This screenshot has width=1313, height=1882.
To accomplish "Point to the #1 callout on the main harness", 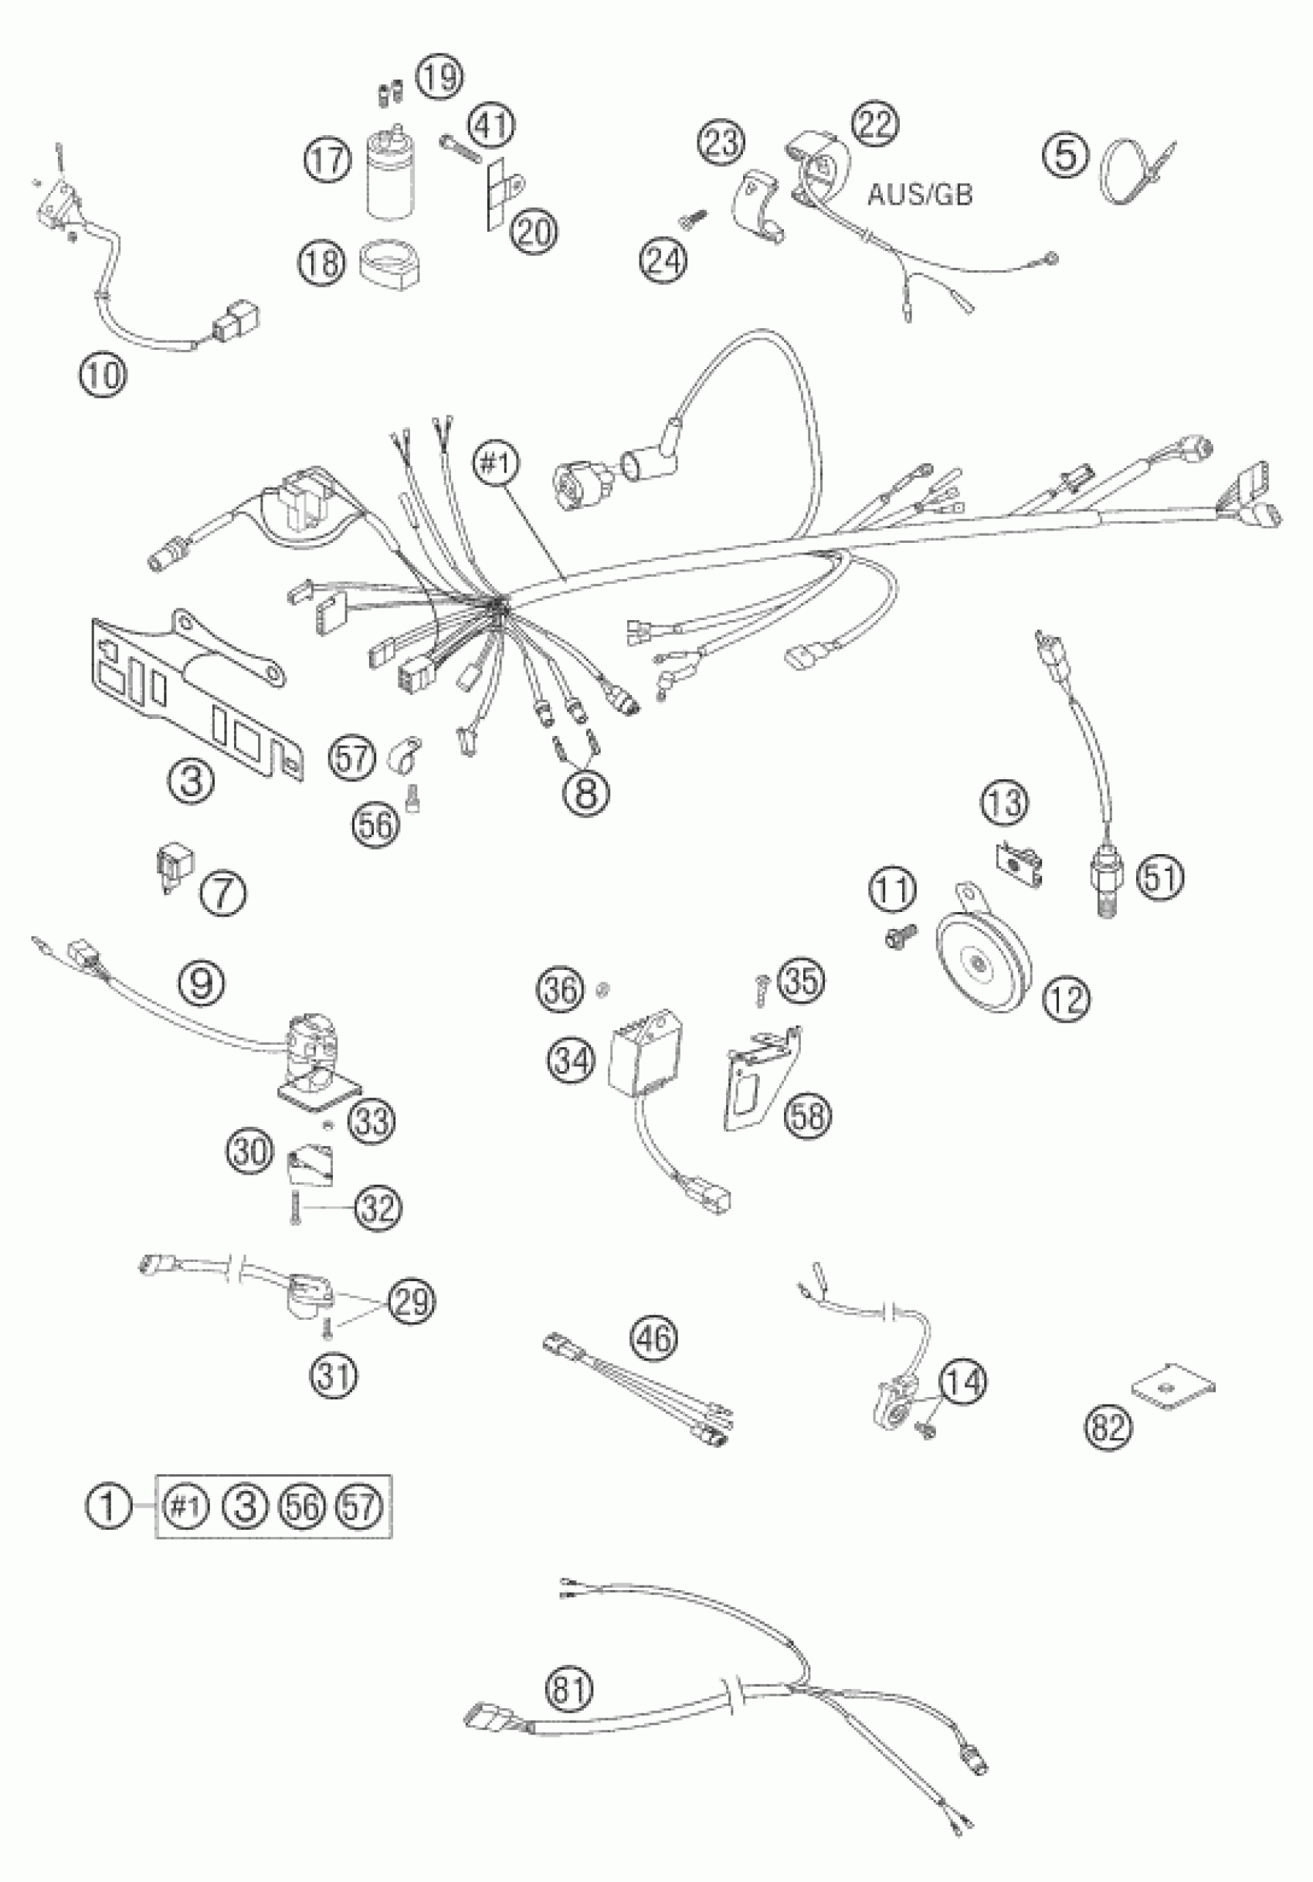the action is (496, 465).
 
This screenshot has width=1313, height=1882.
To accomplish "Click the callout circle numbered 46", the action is (654, 1338).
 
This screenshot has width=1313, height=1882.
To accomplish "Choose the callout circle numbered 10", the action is (103, 375).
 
